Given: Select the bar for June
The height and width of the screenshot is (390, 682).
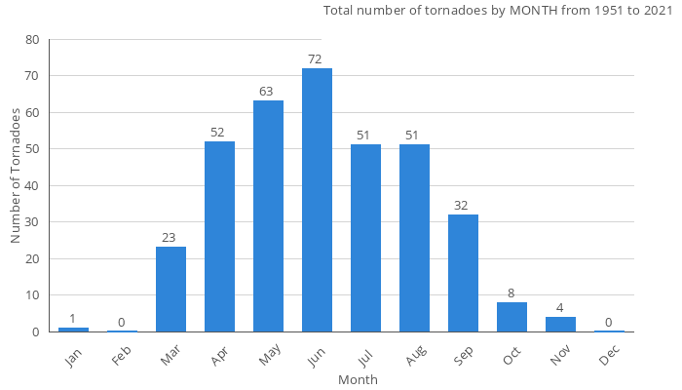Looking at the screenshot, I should point(317,200).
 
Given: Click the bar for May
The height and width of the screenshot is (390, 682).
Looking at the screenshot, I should point(268,216).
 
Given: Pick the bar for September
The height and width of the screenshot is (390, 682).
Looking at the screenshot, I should point(463,273).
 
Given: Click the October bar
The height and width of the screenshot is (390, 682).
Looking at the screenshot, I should point(511,317).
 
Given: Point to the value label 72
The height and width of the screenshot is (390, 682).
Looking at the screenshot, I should point(315,59).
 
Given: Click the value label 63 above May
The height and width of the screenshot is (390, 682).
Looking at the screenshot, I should point(266,92).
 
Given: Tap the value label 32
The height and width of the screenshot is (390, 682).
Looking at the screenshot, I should point(461,206).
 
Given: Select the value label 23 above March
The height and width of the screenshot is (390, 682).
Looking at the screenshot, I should point(169,239).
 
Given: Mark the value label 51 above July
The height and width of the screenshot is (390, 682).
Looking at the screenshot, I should point(363,136).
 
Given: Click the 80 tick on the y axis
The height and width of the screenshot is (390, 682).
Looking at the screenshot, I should point(33,40).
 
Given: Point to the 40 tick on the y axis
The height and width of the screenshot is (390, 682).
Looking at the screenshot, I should point(33,186).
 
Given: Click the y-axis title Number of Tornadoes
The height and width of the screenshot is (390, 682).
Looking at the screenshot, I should point(16,175).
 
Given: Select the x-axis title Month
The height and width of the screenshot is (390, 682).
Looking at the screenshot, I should point(358,379).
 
